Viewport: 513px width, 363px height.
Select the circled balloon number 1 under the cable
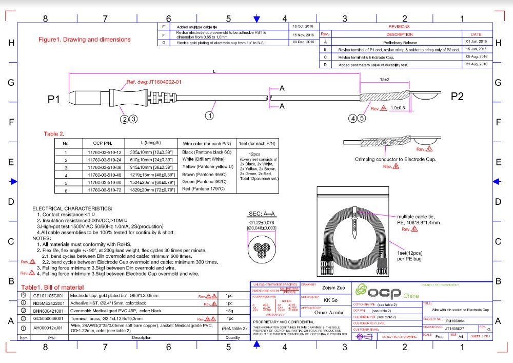pyautogui.click(x=209, y=116)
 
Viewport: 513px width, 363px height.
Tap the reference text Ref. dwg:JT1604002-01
pyautogui.click(x=154, y=82)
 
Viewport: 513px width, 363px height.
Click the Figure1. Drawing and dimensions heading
pyautogui.click(x=85, y=40)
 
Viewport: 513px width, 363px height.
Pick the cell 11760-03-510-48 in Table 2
pyautogui.click(x=104, y=175)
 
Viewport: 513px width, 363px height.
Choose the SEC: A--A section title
pyautogui.click(x=263, y=213)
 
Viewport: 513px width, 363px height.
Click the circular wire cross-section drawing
pyautogui.click(x=263, y=248)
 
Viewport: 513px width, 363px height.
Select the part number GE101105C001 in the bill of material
pyautogui.click(x=48, y=296)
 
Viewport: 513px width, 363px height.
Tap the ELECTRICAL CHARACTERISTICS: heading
pyautogui.click(x=72, y=208)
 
